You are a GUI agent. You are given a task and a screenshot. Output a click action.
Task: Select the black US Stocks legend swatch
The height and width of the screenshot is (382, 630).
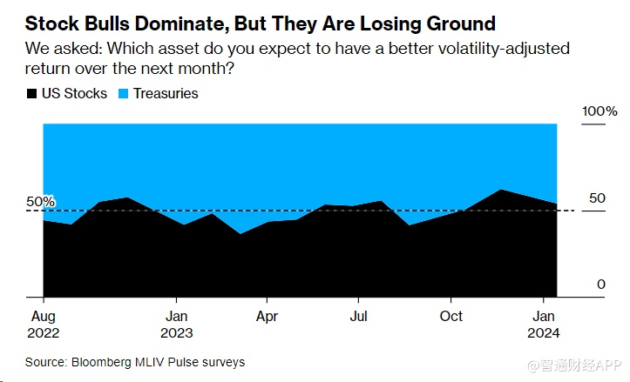[x=32, y=92]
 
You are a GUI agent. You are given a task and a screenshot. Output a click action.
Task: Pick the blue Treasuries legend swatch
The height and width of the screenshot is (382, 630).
[x=122, y=92]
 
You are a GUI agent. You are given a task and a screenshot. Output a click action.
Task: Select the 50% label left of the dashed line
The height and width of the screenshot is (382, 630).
[x=40, y=202]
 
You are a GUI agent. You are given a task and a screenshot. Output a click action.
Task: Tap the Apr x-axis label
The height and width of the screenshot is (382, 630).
[x=268, y=315]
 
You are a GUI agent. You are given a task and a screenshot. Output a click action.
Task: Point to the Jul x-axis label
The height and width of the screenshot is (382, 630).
[x=358, y=315]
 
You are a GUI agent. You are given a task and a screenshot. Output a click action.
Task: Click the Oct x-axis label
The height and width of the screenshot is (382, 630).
[x=451, y=315]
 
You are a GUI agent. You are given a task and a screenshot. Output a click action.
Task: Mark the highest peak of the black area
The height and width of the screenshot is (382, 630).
[x=500, y=190]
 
